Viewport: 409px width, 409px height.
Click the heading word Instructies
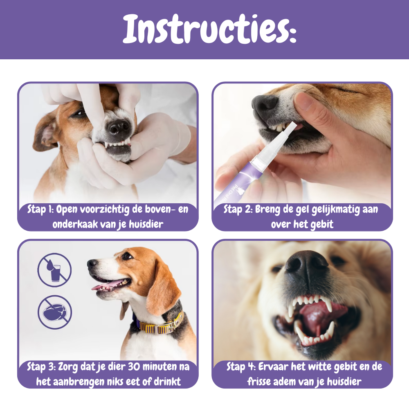(210, 29)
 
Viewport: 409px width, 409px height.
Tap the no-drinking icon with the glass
(54, 270)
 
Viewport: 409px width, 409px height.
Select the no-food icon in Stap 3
(54, 312)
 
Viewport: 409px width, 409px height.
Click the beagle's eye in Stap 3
(127, 256)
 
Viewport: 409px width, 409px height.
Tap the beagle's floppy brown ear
(162, 287)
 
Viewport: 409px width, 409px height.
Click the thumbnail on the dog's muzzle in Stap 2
(304, 101)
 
